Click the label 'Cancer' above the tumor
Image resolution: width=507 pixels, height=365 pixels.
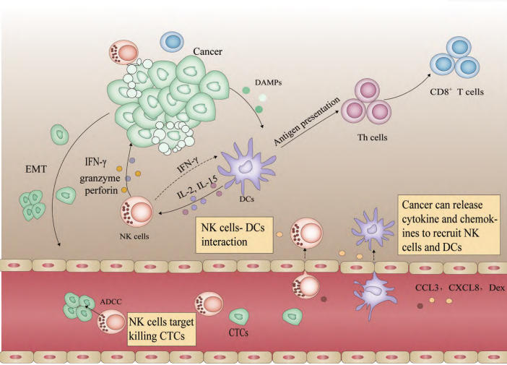pos(208,53)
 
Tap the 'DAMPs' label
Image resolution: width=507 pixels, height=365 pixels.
pos(268,83)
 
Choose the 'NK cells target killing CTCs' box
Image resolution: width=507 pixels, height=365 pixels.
pos(163,327)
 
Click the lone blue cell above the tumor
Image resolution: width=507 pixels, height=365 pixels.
pos(173,43)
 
